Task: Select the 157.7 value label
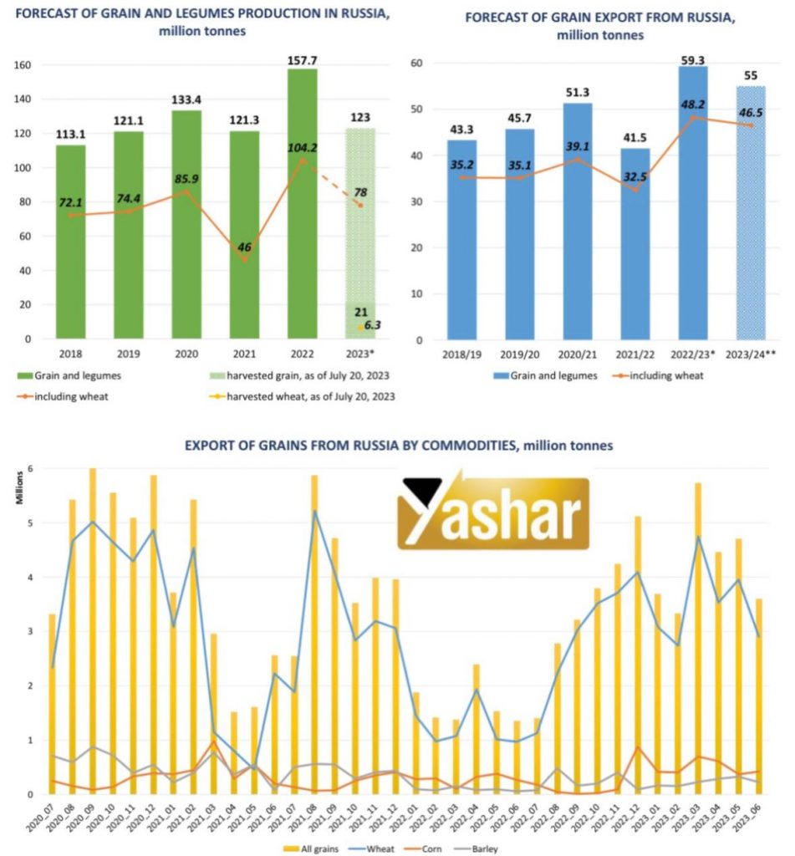[x=303, y=59]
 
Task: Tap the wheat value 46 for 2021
[x=244, y=247]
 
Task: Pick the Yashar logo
[x=493, y=512]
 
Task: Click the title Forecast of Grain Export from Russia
[x=600, y=17]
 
